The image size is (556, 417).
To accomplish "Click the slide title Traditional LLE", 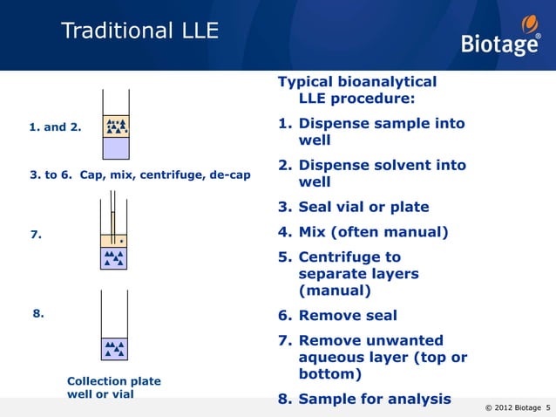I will [139, 32].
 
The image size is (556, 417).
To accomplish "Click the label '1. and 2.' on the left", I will [55, 127].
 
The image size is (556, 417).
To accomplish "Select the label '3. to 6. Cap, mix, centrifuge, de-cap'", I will [140, 174].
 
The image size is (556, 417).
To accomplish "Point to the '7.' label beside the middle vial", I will [36, 235].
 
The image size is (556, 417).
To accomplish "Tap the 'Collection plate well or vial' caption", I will [113, 387].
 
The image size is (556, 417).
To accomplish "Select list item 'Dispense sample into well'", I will [381, 132].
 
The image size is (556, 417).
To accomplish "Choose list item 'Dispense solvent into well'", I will [381, 174].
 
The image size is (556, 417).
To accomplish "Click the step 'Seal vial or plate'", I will [363, 208].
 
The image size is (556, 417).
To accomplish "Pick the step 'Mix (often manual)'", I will [372, 232].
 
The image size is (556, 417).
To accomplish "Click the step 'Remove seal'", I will [347, 316].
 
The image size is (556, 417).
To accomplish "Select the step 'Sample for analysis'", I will [374, 400].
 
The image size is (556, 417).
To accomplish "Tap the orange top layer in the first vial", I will [116, 127].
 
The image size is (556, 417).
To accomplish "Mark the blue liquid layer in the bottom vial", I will [114, 349].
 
